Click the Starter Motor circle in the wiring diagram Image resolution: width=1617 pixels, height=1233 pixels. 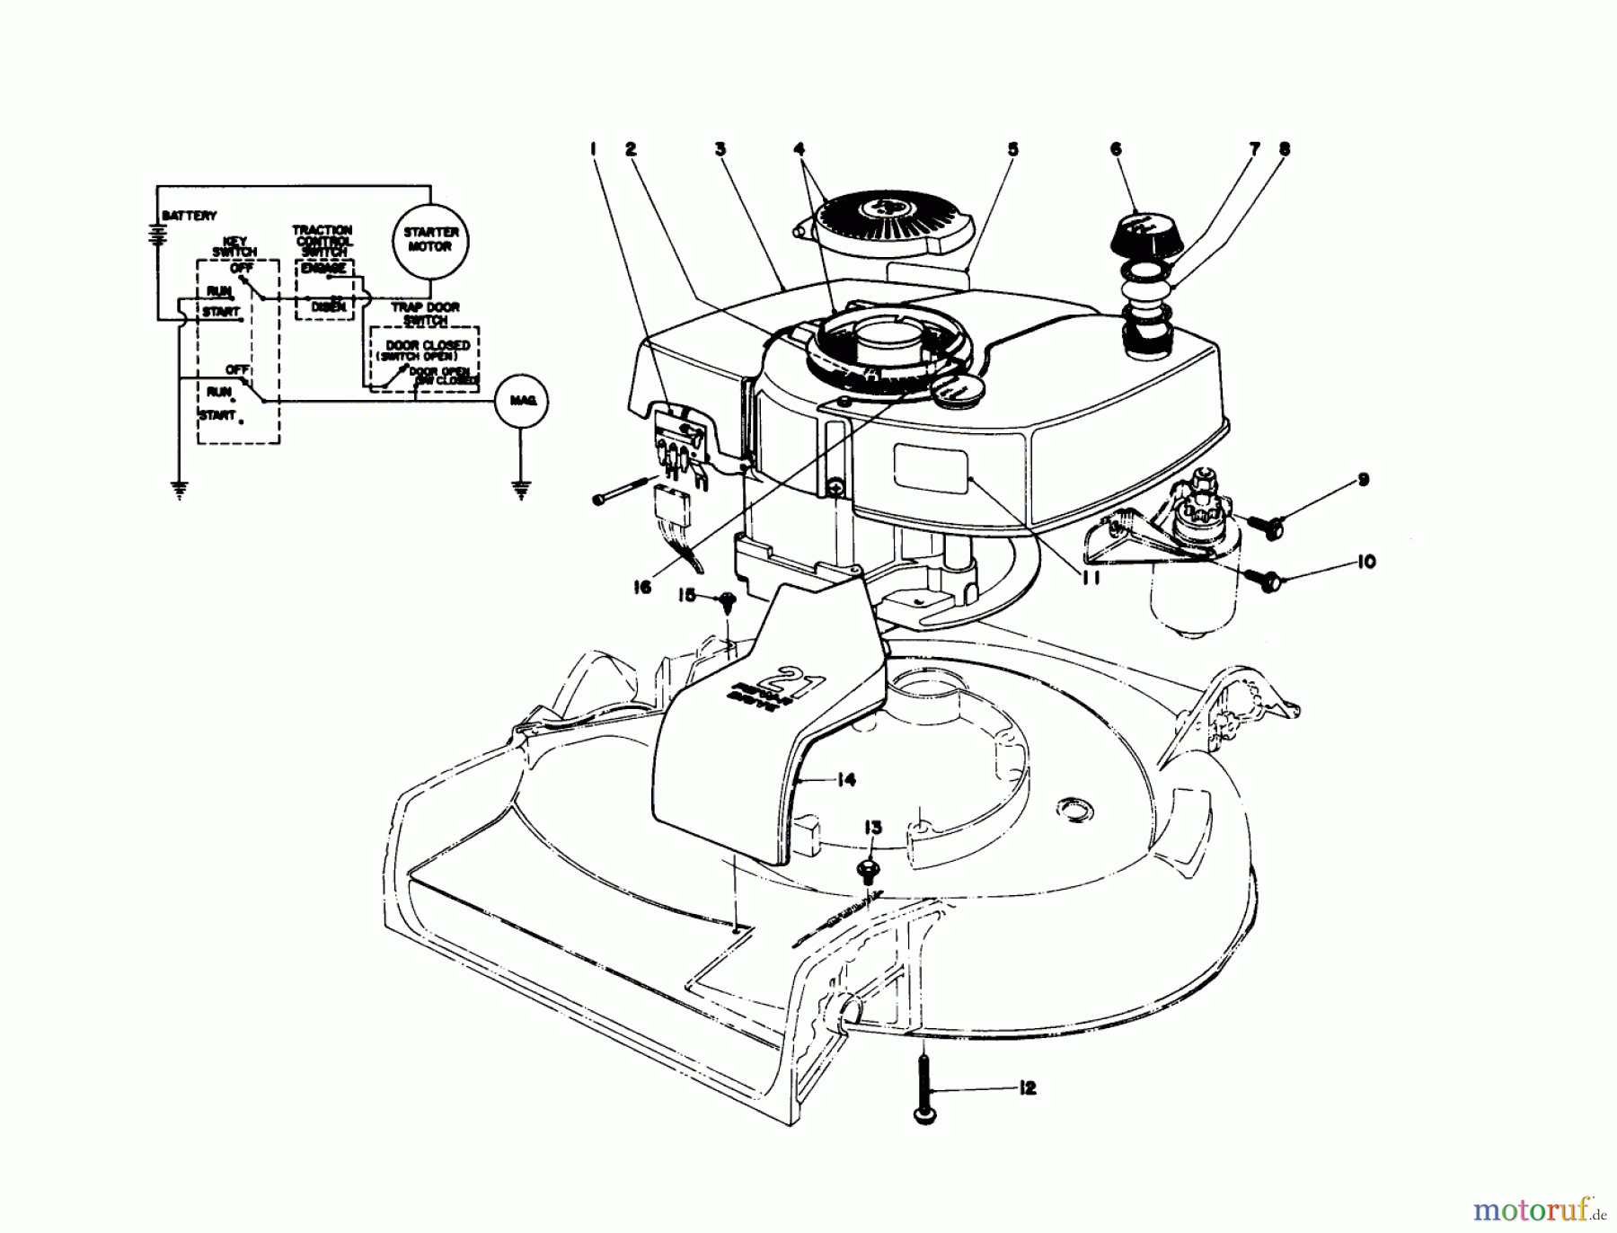point(430,239)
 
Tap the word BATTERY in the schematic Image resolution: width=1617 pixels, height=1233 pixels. point(190,216)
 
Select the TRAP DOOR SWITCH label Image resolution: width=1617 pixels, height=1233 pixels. point(425,314)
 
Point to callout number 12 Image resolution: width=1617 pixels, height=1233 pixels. point(1029,1088)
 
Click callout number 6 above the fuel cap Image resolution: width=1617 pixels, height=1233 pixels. point(1116,149)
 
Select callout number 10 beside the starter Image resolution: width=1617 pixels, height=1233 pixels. point(1365,563)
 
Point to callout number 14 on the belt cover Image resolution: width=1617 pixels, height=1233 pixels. point(844,780)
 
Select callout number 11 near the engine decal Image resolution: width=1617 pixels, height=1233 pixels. point(1090,579)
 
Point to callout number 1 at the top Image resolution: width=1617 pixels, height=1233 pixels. point(594,149)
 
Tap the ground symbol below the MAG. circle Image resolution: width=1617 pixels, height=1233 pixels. point(520,489)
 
